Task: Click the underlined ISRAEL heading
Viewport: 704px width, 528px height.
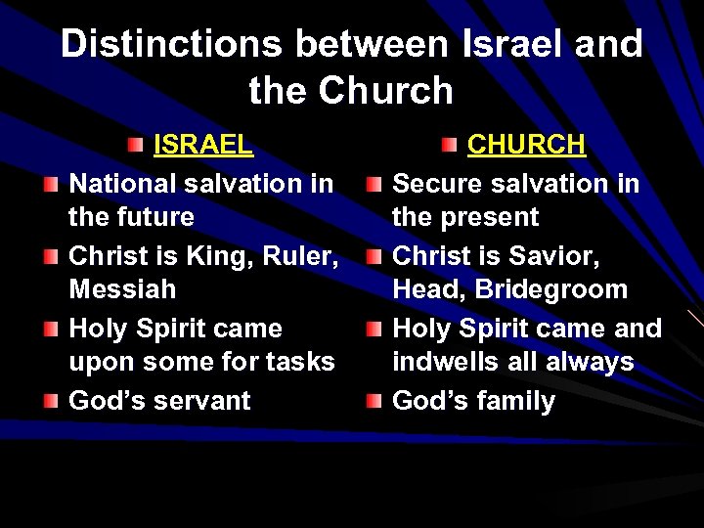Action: (x=203, y=146)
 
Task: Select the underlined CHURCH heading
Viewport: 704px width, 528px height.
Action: (x=526, y=146)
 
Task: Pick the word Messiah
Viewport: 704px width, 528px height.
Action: (x=122, y=289)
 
